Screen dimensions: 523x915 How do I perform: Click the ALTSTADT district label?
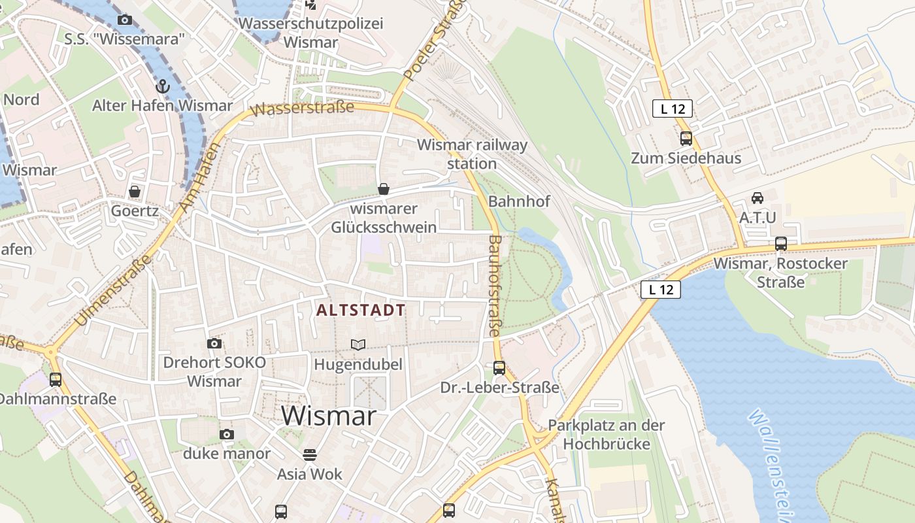(x=361, y=310)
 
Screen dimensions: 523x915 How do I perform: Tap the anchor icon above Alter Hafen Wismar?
(x=162, y=86)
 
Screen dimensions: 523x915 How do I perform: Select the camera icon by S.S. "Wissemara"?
(x=125, y=20)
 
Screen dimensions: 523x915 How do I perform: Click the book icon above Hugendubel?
(x=358, y=345)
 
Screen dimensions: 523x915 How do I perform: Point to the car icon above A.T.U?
(x=757, y=197)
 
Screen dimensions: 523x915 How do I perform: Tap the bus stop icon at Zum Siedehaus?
(x=686, y=139)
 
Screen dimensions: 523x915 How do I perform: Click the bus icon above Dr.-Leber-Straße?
(x=499, y=367)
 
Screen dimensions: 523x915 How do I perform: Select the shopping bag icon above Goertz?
(x=135, y=192)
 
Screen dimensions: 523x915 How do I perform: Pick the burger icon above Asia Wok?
(x=310, y=454)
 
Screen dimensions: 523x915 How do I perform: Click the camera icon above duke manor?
(x=227, y=434)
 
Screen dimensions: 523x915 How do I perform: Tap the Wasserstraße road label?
(x=303, y=108)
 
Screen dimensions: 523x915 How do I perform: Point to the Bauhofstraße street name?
(x=495, y=286)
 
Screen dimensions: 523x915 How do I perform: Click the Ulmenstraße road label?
(x=114, y=290)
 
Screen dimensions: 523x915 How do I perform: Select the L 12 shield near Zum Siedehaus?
(x=672, y=109)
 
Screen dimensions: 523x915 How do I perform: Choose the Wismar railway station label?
(x=472, y=154)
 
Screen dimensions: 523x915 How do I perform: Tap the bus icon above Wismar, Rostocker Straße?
(x=780, y=244)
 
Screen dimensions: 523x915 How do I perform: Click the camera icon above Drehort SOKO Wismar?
(x=214, y=343)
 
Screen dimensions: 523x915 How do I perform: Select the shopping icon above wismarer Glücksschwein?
(x=384, y=190)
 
